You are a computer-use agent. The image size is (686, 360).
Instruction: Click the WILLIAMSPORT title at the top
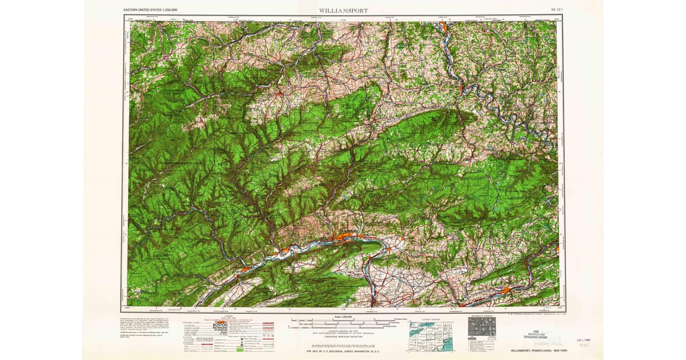tap(343, 10)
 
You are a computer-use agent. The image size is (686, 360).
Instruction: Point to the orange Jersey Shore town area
tap(285, 250)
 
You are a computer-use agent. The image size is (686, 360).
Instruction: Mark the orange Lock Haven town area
tap(245, 267)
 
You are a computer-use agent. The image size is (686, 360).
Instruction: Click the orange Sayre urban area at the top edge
tap(444, 26)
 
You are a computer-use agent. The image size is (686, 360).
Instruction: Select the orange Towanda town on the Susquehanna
tap(461, 88)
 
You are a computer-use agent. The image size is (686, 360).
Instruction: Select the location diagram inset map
tap(430, 335)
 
